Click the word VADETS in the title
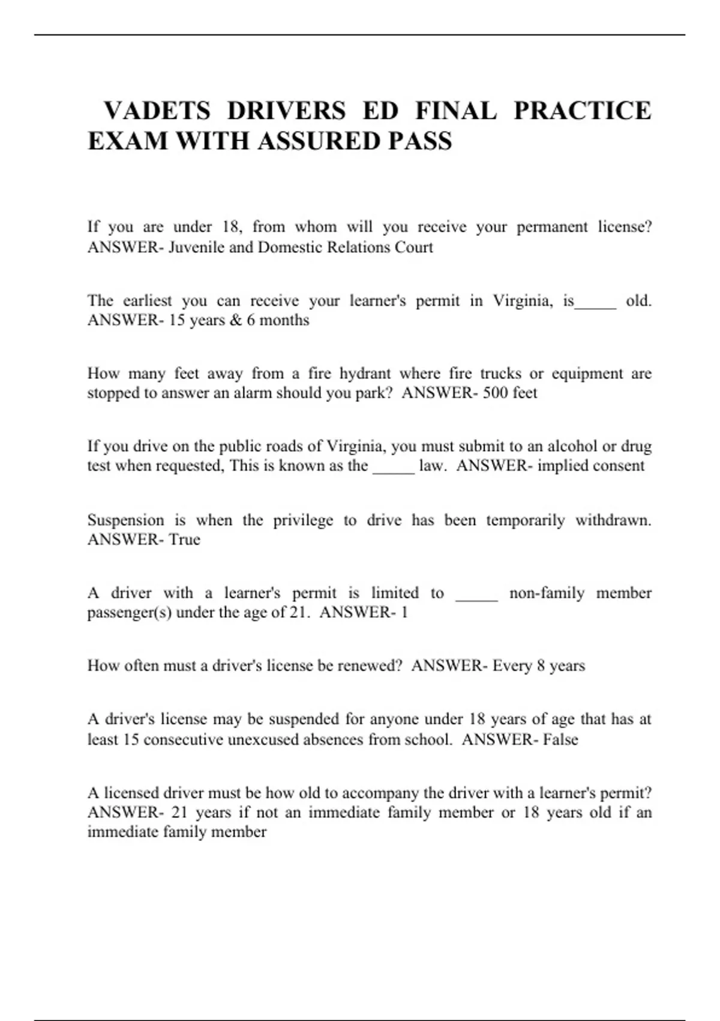tap(157, 111)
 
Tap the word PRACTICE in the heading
tap(582, 111)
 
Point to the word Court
tap(413, 247)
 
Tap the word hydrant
tap(365, 374)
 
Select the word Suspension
tap(125, 520)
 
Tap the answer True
tap(184, 539)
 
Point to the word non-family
tap(547, 593)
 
